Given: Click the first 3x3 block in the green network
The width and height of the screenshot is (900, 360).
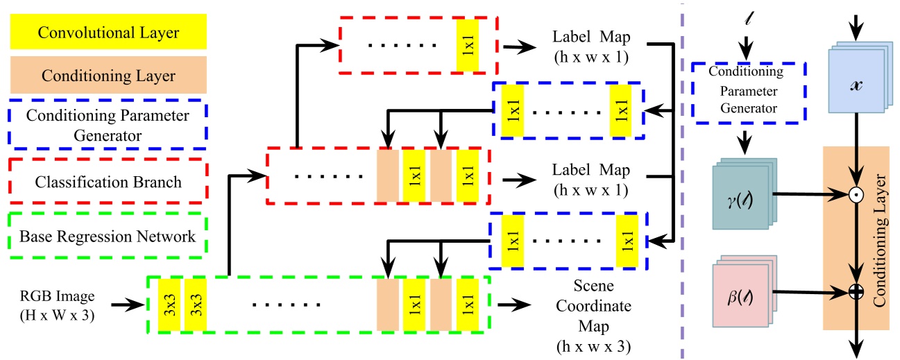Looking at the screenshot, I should pos(170,303).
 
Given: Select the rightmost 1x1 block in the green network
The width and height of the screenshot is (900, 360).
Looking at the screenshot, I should pos(467,303).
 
